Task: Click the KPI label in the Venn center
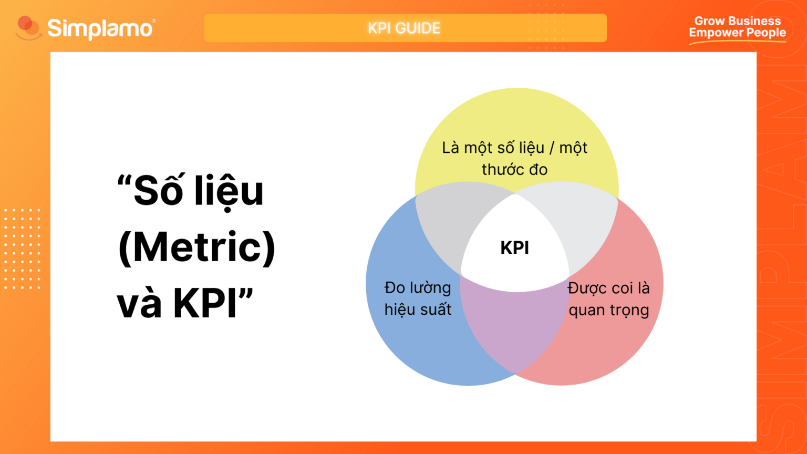click(514, 247)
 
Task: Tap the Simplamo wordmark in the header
click(100, 28)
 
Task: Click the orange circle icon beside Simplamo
click(27, 27)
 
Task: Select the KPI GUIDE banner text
click(404, 28)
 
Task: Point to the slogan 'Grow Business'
click(737, 21)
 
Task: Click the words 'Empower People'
click(737, 33)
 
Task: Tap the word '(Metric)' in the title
click(196, 246)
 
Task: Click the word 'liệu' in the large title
click(229, 191)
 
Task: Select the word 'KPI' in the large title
click(205, 303)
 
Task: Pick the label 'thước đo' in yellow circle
click(514, 170)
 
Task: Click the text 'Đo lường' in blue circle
click(418, 288)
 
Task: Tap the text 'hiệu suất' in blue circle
click(418, 309)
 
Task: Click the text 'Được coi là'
click(608, 288)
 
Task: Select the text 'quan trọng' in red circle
click(608, 310)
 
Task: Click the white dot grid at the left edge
click(22, 249)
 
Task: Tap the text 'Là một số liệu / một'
click(514, 148)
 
